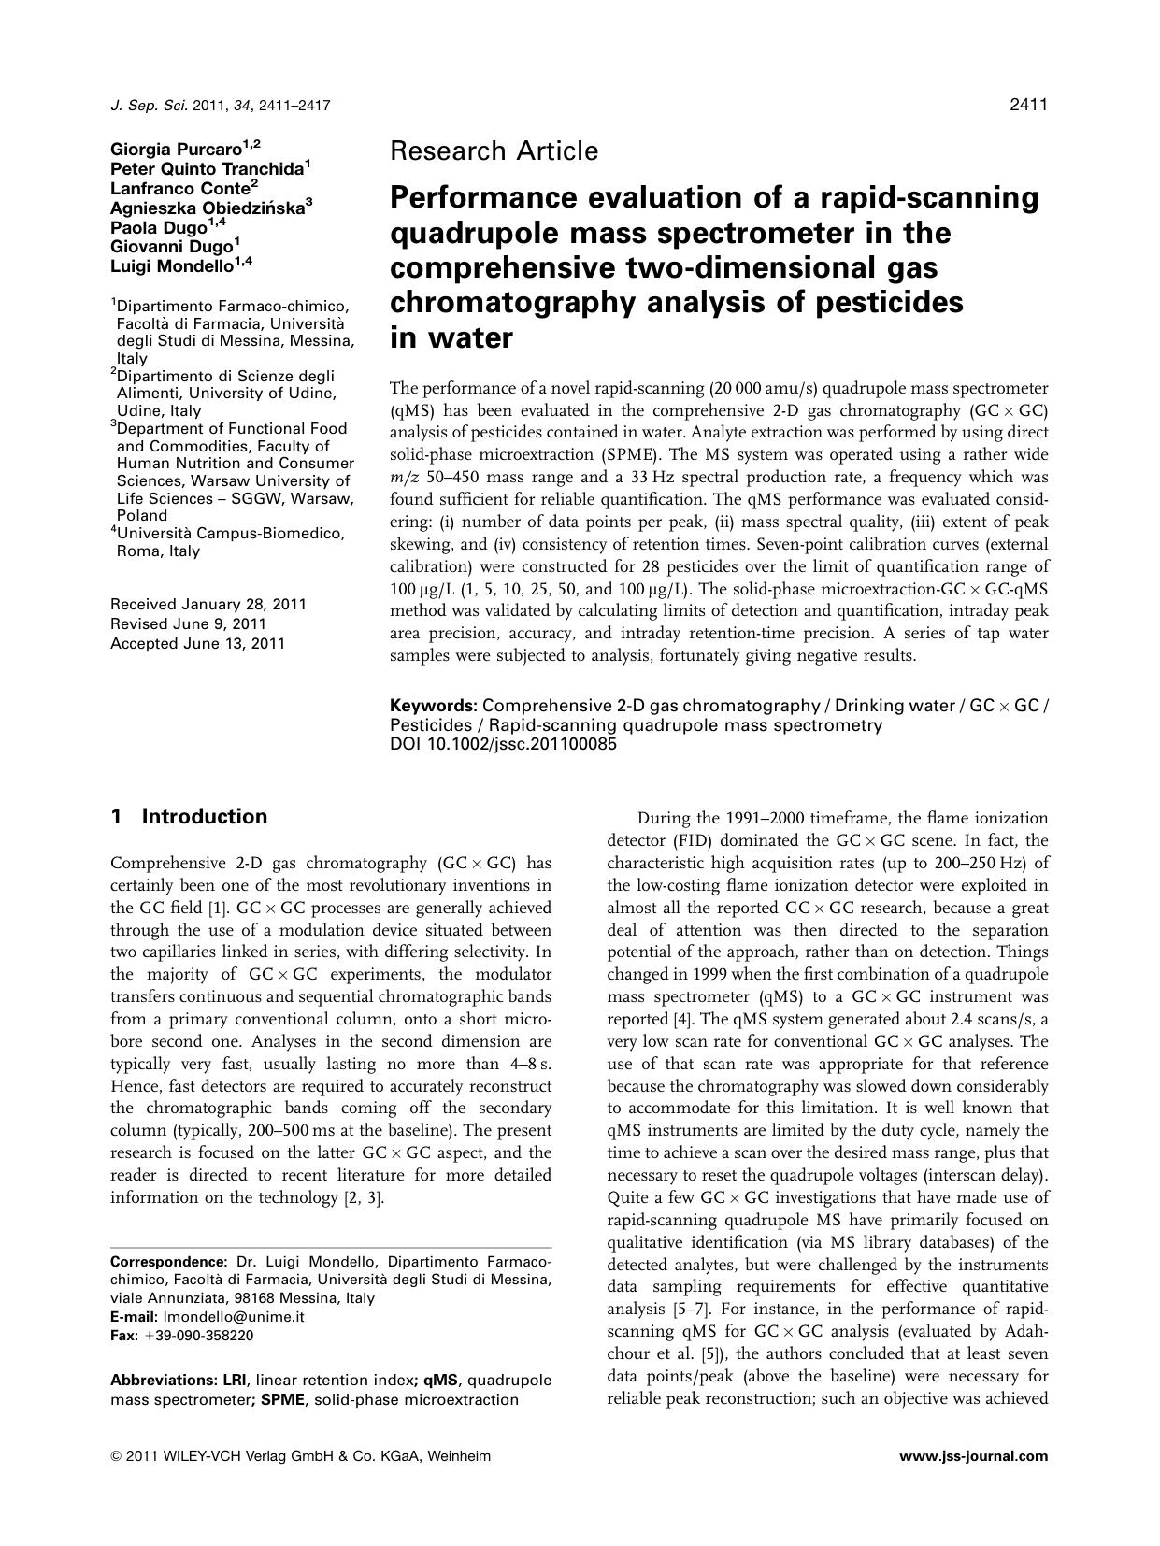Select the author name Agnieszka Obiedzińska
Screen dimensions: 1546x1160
208,208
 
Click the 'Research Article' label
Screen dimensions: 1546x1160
494,151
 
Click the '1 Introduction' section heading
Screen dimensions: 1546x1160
189,817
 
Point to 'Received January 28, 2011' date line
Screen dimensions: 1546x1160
208,605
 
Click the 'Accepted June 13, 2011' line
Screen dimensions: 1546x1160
197,644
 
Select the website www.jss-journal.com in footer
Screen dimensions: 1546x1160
973,1456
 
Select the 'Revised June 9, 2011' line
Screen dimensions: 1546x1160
188,624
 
